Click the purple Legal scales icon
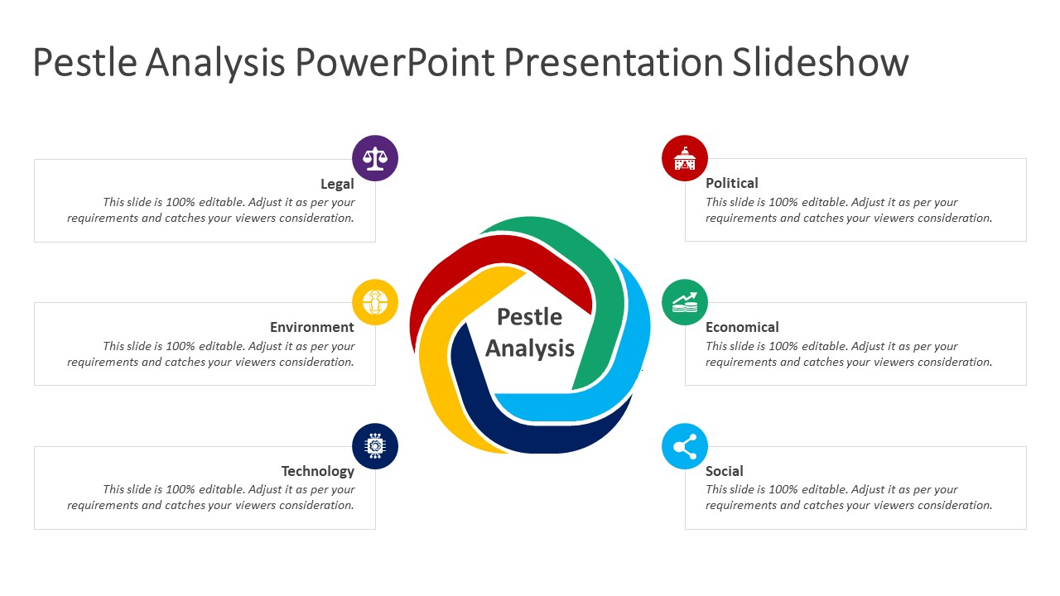[x=375, y=158]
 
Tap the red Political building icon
[x=685, y=158]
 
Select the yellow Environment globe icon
[x=375, y=302]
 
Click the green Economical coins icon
[x=685, y=302]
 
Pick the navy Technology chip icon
[x=375, y=446]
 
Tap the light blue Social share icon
[x=685, y=446]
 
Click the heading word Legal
[x=337, y=184]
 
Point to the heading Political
[x=731, y=183]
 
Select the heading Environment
[x=312, y=327]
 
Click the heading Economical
[x=742, y=327]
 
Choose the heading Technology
[x=317, y=471]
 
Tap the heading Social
[x=724, y=471]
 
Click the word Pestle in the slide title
[x=84, y=62]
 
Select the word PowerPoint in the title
[x=395, y=62]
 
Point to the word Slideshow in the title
[x=820, y=62]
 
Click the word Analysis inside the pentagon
[x=529, y=348]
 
